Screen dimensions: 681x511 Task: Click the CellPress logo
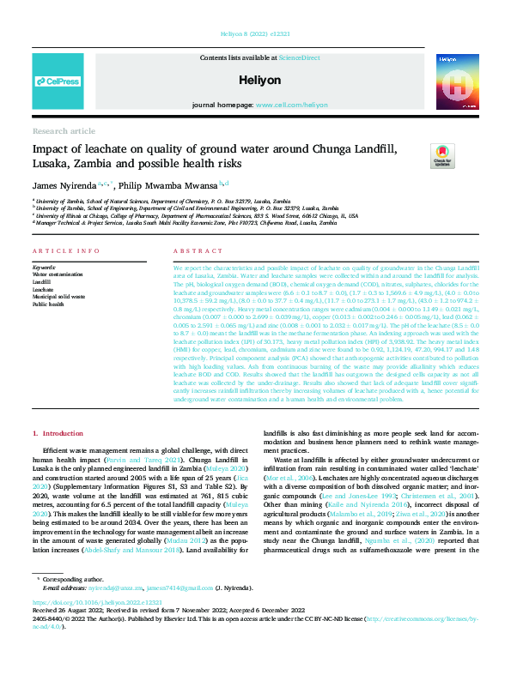tap(58, 81)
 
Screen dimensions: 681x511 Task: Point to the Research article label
tap(64, 130)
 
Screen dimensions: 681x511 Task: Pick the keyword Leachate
tap(43, 289)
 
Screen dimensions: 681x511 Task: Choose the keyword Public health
tap(48, 304)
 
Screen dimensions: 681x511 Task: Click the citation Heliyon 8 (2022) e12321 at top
tap(255, 36)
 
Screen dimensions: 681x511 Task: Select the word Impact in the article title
tap(51, 151)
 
